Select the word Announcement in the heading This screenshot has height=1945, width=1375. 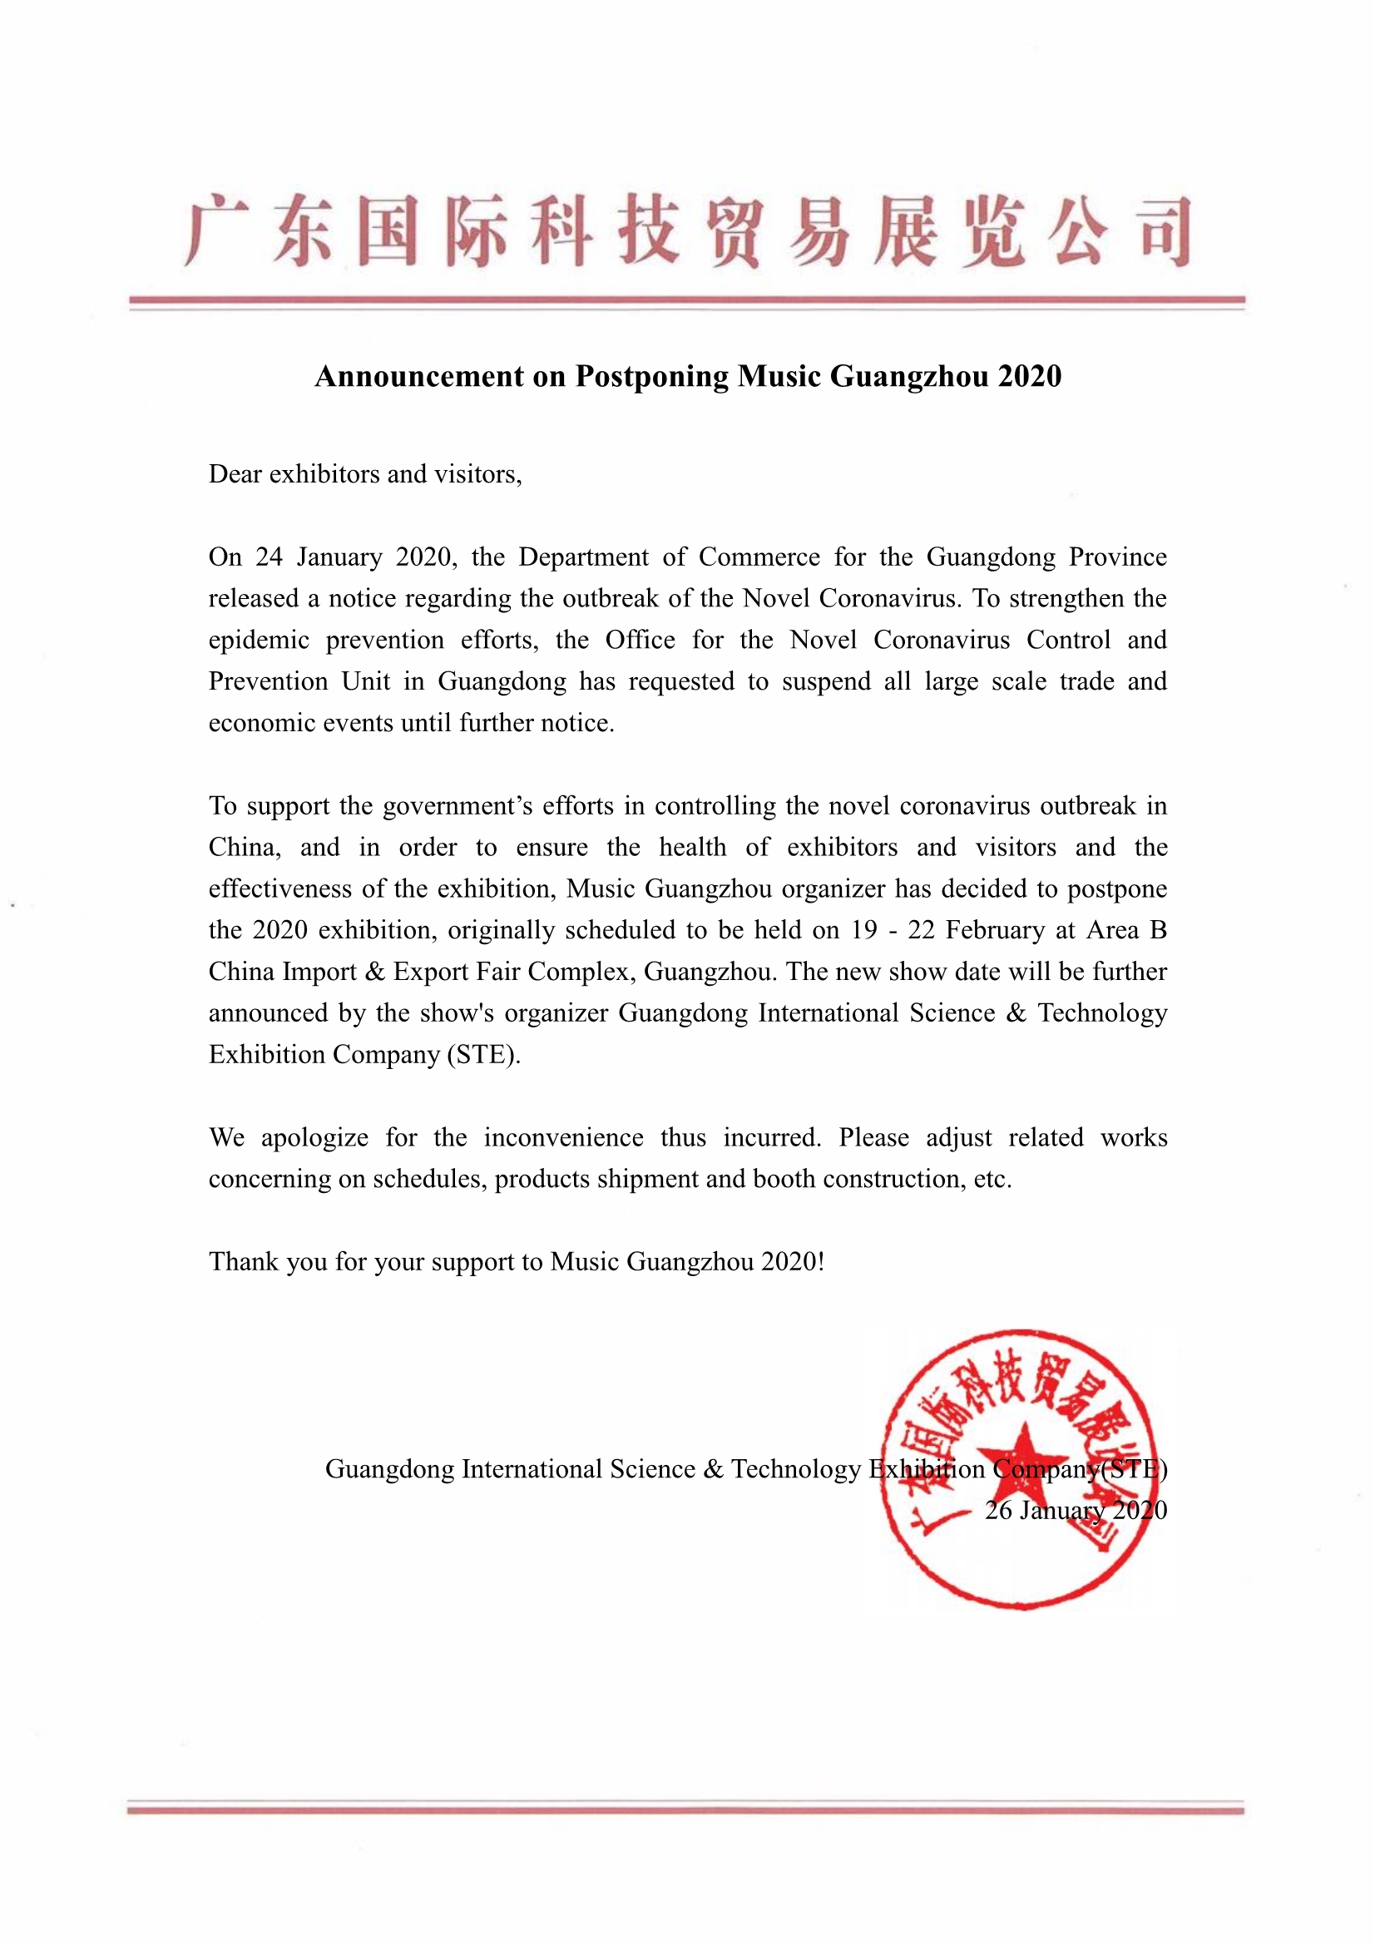coord(419,376)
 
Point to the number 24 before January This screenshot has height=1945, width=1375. coord(269,557)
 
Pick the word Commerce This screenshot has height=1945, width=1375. coord(759,557)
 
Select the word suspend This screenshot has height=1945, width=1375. coord(826,682)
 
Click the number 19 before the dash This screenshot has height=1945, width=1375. coord(864,930)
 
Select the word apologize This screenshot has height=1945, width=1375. coord(314,1138)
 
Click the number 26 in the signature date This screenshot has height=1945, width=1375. coord(998,1511)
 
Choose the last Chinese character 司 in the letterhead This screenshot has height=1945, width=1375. coord(1165,231)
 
